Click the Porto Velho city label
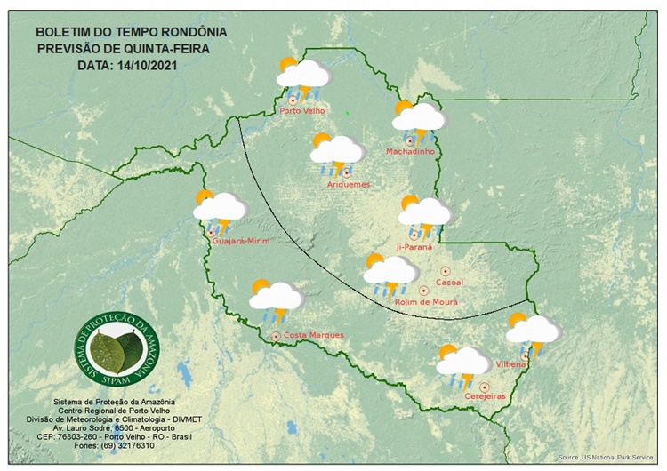pyautogui.click(x=302, y=111)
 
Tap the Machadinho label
pyautogui.click(x=410, y=151)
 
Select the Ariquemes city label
pyautogui.click(x=349, y=184)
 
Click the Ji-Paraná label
pyautogui.click(x=414, y=246)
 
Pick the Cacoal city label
pyautogui.click(x=450, y=282)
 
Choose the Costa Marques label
pyautogui.click(x=313, y=335)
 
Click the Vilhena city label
pyautogui.click(x=511, y=364)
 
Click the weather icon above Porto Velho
pyautogui.click(x=302, y=77)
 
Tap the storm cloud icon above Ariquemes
pyautogui.click(x=336, y=153)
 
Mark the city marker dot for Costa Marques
pyautogui.click(x=276, y=336)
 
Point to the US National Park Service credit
pyautogui.click(x=611, y=458)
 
